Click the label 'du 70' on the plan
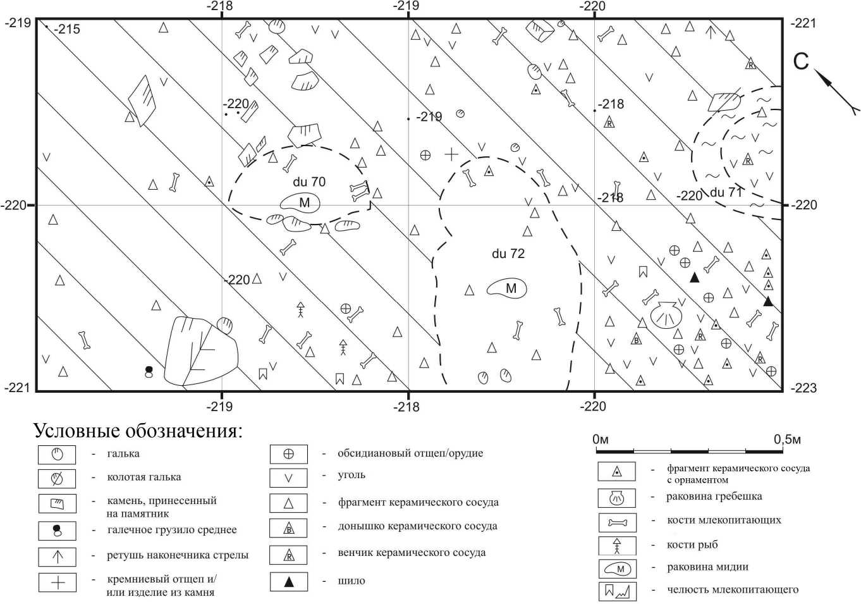coord(309,182)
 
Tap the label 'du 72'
coord(508,254)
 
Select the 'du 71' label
coord(726,192)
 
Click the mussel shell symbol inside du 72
coord(506,288)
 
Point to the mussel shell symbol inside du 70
coord(300,202)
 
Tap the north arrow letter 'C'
coord(801,61)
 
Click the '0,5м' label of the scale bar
coord(787,440)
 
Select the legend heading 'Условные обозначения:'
coord(138,431)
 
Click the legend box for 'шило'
coord(289,582)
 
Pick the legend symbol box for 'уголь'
coord(288,478)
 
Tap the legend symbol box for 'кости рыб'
coord(617,546)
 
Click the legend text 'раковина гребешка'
coord(714,496)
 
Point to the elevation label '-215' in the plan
coord(67,29)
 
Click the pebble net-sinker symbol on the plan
coord(149,372)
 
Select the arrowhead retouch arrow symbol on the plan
coord(711,32)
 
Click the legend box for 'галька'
coord(57,455)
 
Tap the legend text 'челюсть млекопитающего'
coord(733,589)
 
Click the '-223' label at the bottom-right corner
coord(803,388)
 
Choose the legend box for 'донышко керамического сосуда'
coord(288,528)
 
